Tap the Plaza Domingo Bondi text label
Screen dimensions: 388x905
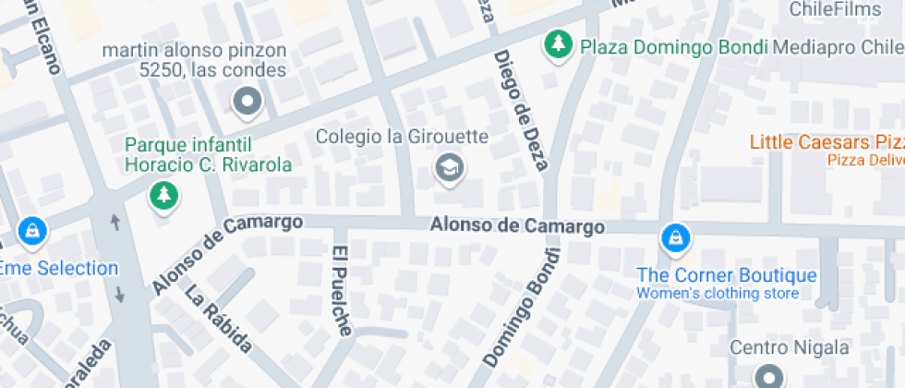(674, 47)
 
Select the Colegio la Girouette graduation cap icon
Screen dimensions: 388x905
(450, 168)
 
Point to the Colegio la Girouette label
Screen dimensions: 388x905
(402, 137)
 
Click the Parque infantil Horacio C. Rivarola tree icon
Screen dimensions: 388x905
(164, 195)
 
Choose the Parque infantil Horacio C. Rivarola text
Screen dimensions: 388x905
(208, 155)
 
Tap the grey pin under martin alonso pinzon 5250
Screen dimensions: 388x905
(247, 103)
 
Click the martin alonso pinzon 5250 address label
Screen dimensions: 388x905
(195, 59)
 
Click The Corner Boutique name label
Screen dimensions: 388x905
(727, 275)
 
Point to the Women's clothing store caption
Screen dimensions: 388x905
(717, 294)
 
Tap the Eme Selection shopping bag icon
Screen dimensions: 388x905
(32, 230)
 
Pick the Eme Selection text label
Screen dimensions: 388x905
(58, 269)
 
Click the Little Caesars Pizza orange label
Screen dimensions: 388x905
(826, 142)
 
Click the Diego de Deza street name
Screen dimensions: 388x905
(521, 111)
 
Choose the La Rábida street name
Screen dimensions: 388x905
(218, 320)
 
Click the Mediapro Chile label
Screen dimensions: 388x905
(837, 47)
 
